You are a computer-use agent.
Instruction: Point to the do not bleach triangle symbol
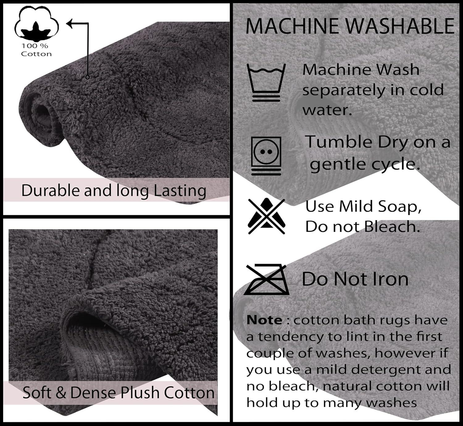click(266, 216)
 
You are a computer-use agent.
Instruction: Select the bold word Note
click(264, 320)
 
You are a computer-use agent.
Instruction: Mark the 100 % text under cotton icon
click(35, 46)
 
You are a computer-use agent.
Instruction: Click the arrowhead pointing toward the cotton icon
click(70, 23)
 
